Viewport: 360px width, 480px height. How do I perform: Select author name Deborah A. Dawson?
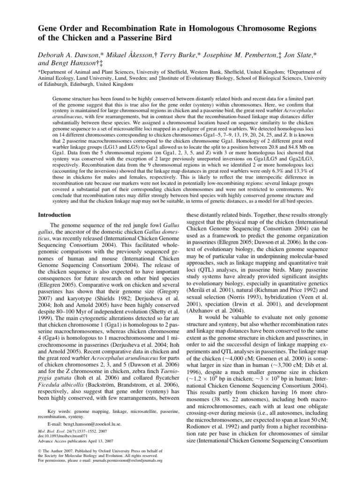[x=67, y=56]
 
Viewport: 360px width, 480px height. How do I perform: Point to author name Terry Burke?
[x=162, y=56]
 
